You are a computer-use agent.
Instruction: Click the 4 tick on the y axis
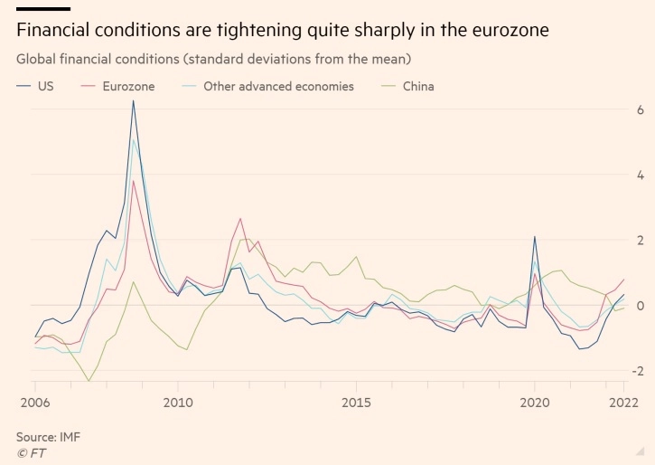(640, 175)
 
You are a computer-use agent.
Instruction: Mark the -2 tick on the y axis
(637, 371)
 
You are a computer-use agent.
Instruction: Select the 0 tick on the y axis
(640, 305)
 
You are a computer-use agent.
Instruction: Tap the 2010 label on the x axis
(177, 401)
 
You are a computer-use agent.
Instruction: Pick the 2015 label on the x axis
(357, 401)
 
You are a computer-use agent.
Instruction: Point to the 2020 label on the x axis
(535, 401)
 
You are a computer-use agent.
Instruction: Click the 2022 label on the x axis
(622, 401)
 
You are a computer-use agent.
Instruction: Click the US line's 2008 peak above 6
(133, 100)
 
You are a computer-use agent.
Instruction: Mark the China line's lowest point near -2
(89, 381)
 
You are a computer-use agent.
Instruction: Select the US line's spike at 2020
(535, 237)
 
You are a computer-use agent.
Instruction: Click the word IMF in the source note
(69, 437)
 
